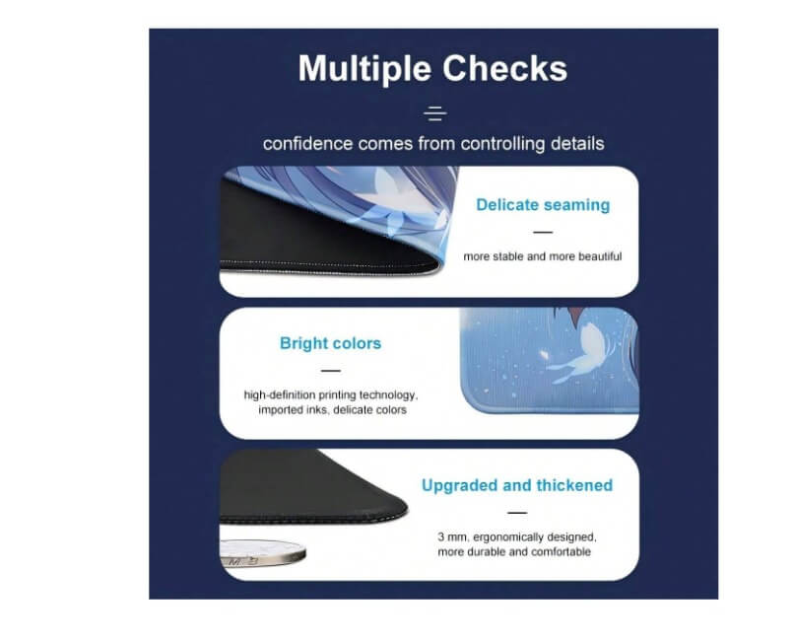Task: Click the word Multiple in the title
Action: click(365, 68)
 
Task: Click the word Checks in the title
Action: click(504, 68)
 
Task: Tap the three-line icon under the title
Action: click(435, 113)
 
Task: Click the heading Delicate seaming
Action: click(543, 205)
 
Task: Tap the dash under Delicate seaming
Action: click(543, 233)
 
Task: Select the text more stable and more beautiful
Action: click(543, 256)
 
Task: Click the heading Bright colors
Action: click(330, 343)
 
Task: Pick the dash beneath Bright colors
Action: click(331, 371)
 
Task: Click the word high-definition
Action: click(280, 395)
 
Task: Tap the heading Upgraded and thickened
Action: click(517, 485)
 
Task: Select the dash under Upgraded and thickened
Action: click(517, 513)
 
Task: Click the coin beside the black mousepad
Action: click(263, 552)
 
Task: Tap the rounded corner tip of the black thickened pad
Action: click(406, 509)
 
